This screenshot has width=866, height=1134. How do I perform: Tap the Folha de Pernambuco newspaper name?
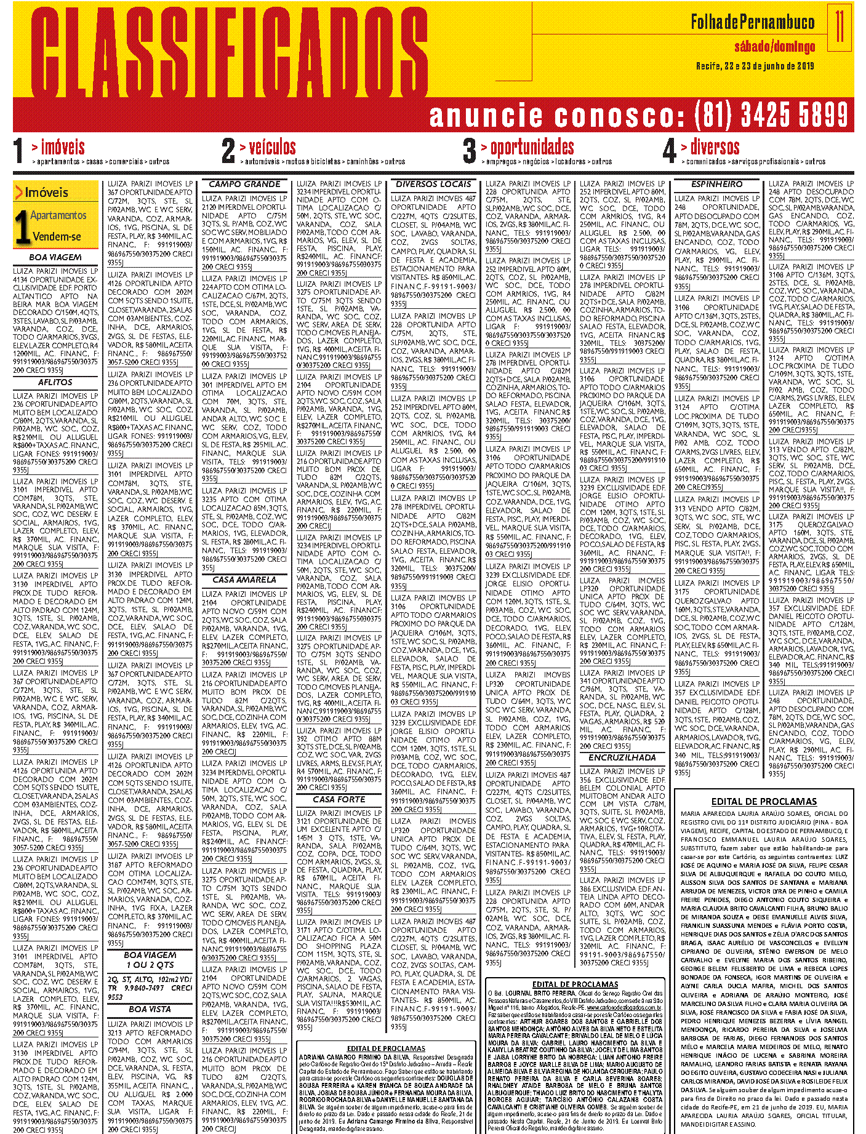coord(752,23)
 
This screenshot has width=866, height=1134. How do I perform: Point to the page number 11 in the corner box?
coord(840,26)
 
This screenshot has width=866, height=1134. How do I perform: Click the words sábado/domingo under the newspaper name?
coord(774,47)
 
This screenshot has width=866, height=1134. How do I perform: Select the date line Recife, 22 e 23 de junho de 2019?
coord(755,66)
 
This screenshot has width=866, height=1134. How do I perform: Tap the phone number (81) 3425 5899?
coord(771,115)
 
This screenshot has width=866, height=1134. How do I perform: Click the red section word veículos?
coord(272,147)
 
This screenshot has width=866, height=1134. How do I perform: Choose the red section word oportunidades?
coord(532,147)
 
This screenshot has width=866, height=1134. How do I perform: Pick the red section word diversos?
coord(715,147)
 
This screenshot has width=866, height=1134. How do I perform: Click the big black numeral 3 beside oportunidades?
coord(470,151)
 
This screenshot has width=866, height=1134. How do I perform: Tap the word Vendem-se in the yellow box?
coord(57,236)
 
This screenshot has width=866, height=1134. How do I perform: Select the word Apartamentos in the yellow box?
coord(58,215)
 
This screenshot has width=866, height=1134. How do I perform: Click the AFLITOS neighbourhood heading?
coord(55,382)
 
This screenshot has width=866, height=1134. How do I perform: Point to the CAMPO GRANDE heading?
coord(244,184)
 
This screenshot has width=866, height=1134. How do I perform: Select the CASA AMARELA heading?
coord(244,580)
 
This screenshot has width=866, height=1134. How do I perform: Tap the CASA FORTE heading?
coord(339,799)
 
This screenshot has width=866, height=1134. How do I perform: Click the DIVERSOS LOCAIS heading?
coord(433,184)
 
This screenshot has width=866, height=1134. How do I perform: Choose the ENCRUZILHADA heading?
coord(622,757)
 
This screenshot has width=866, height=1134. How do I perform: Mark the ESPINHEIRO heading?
coord(716,184)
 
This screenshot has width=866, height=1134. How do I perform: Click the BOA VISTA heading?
coord(150,1009)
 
